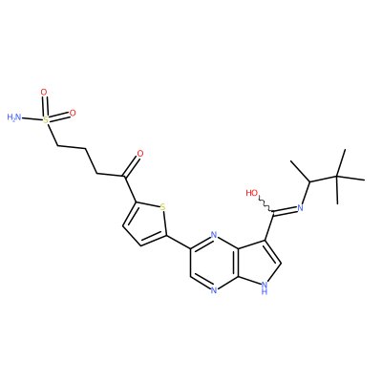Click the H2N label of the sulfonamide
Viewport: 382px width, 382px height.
tap(14, 117)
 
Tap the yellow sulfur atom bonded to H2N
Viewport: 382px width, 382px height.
tap(46, 120)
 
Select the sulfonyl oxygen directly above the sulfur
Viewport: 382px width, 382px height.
tap(44, 93)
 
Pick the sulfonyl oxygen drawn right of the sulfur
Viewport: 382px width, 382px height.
tap(73, 113)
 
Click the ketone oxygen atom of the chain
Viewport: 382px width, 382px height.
tap(139, 154)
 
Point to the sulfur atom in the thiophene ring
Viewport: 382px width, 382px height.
tap(162, 207)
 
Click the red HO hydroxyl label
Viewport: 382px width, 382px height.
tap(252, 193)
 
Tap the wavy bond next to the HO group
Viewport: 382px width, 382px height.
tap(265, 203)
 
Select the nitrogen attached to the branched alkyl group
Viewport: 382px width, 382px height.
tap(300, 208)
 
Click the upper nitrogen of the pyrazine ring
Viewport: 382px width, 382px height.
tap(214, 236)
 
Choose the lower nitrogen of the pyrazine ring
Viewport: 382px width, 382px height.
tap(214, 290)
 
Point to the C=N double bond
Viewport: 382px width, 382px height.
tap(285, 210)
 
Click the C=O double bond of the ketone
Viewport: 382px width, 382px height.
tap(131, 166)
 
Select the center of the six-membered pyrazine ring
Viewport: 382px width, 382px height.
tap(214, 263)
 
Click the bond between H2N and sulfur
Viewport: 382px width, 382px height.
tap(32, 118)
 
